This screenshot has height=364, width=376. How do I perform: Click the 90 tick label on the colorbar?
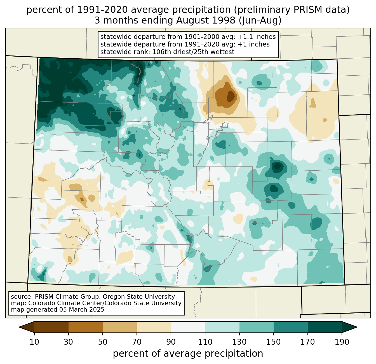click(x=171, y=342)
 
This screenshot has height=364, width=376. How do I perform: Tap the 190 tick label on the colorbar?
click(x=342, y=342)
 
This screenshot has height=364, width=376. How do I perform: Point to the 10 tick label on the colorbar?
click(x=34, y=342)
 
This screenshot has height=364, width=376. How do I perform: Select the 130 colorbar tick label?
click(x=239, y=342)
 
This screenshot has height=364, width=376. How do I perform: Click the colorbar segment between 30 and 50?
click(x=86, y=327)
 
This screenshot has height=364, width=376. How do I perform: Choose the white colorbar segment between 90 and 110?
click(x=188, y=327)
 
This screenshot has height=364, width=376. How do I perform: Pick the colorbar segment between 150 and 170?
click(x=291, y=327)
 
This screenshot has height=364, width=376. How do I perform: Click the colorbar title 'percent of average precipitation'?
click(x=188, y=354)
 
